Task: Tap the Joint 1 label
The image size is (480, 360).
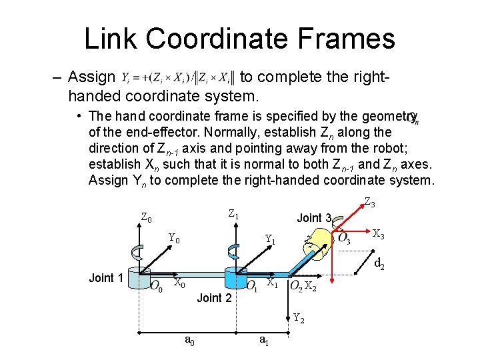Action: click(106, 278)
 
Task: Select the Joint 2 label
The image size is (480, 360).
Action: click(215, 297)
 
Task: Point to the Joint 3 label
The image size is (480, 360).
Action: click(314, 218)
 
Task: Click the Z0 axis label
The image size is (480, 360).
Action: click(147, 217)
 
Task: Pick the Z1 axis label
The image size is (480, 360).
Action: click(233, 215)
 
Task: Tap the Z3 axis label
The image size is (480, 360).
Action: click(369, 202)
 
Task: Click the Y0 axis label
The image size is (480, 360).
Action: click(174, 238)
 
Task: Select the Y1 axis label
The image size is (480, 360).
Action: click(271, 239)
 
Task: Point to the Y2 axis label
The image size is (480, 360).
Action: click(299, 318)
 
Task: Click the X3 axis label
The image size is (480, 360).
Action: click(378, 234)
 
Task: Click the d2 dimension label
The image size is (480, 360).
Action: click(379, 264)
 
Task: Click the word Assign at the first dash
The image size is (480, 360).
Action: click(92, 77)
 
